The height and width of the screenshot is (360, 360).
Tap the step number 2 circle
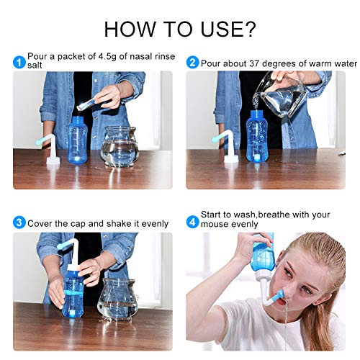(x=192, y=62)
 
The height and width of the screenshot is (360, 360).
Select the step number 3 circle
(x=19, y=223)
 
